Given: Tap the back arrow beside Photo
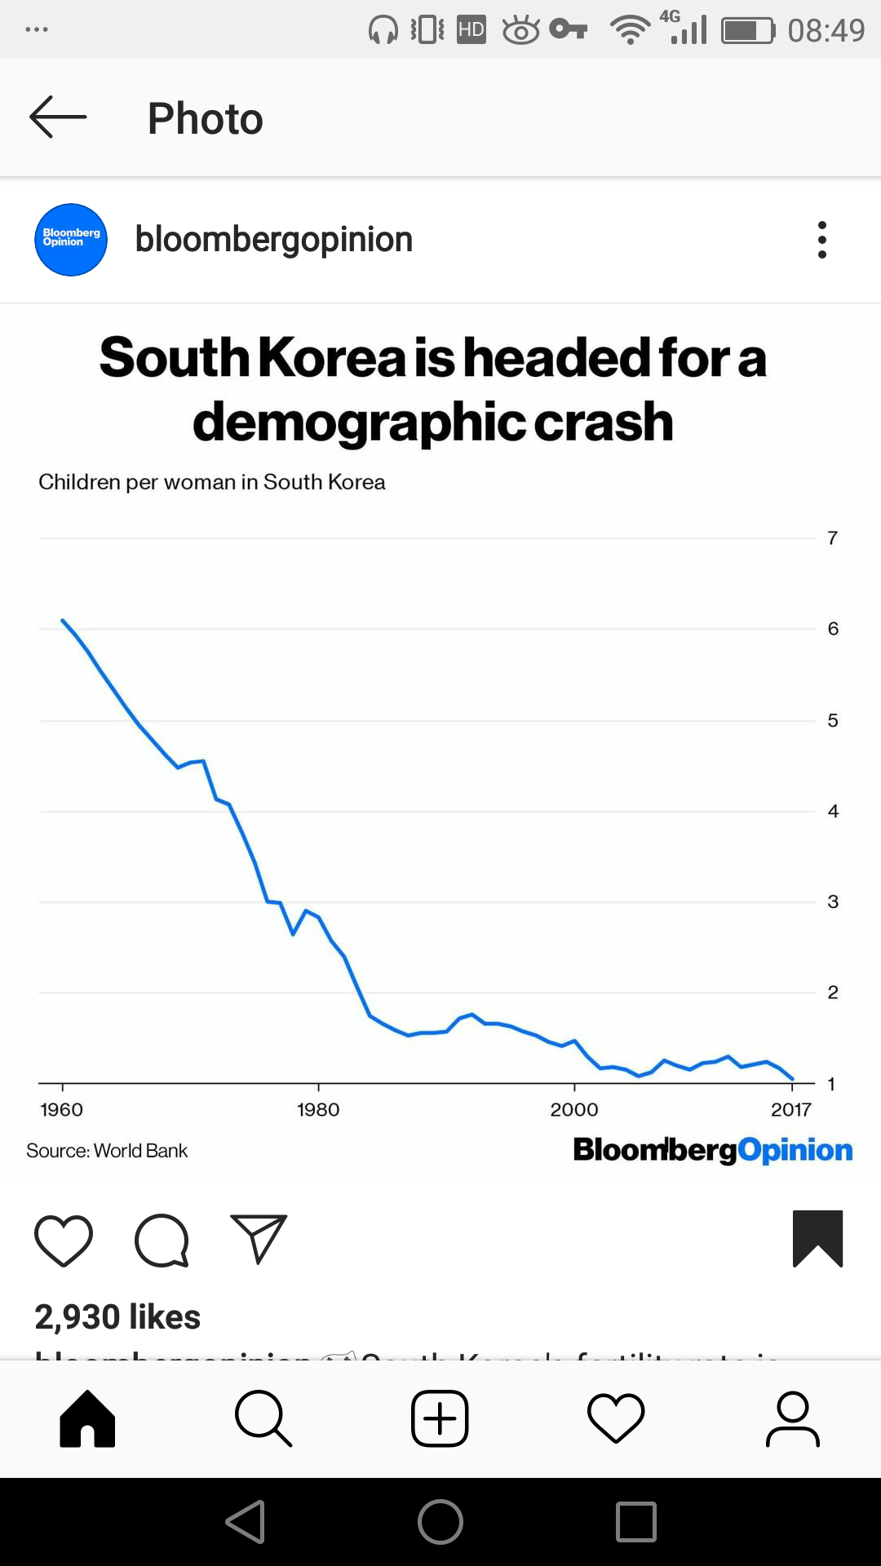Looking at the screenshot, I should [x=58, y=117].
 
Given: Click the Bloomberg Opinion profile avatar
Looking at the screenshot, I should [x=71, y=240].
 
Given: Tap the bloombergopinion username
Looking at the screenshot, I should [x=274, y=240].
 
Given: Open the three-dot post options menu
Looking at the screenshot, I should [x=821, y=240].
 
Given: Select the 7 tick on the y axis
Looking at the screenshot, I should [x=832, y=538].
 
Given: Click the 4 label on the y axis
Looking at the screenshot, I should [x=832, y=812].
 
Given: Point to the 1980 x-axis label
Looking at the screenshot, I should [x=318, y=1109].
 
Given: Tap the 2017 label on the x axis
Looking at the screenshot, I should [x=790, y=1109].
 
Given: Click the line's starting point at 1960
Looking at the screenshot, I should [x=63, y=621].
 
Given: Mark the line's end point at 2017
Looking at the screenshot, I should [x=792, y=1079].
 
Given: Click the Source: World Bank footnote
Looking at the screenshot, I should [x=107, y=1151].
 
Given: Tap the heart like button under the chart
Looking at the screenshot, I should [x=64, y=1240].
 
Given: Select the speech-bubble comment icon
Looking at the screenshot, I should [x=162, y=1240].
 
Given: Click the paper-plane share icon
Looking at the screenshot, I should [x=259, y=1238].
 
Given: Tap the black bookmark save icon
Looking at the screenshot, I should [x=817, y=1238].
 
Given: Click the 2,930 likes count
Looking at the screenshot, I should [x=117, y=1317].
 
